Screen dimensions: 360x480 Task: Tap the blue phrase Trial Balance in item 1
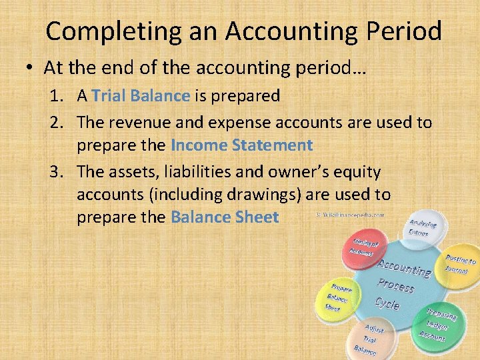coord(141,96)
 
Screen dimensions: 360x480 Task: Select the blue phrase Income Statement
coord(241,145)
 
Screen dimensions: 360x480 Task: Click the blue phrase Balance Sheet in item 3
coord(225,217)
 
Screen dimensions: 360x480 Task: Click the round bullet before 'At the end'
coord(31,69)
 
